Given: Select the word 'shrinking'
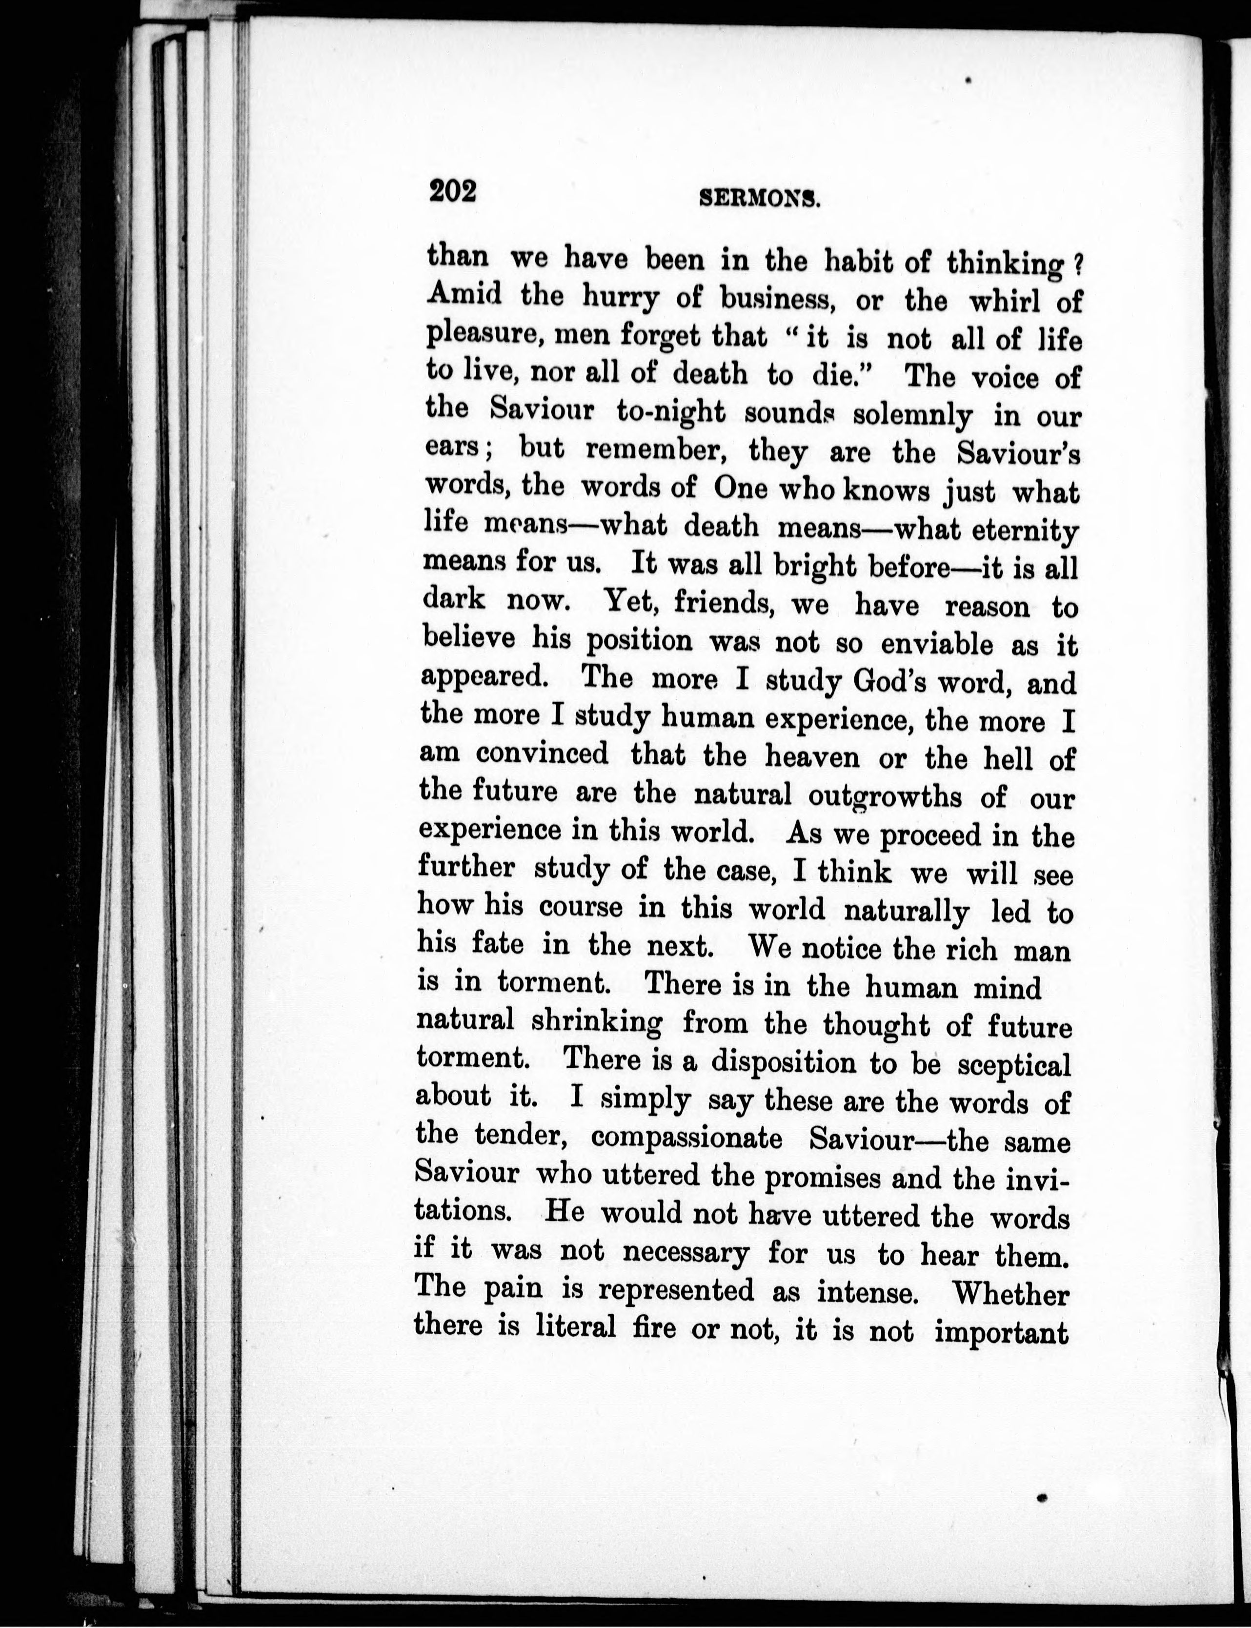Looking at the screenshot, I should click(596, 1022).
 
